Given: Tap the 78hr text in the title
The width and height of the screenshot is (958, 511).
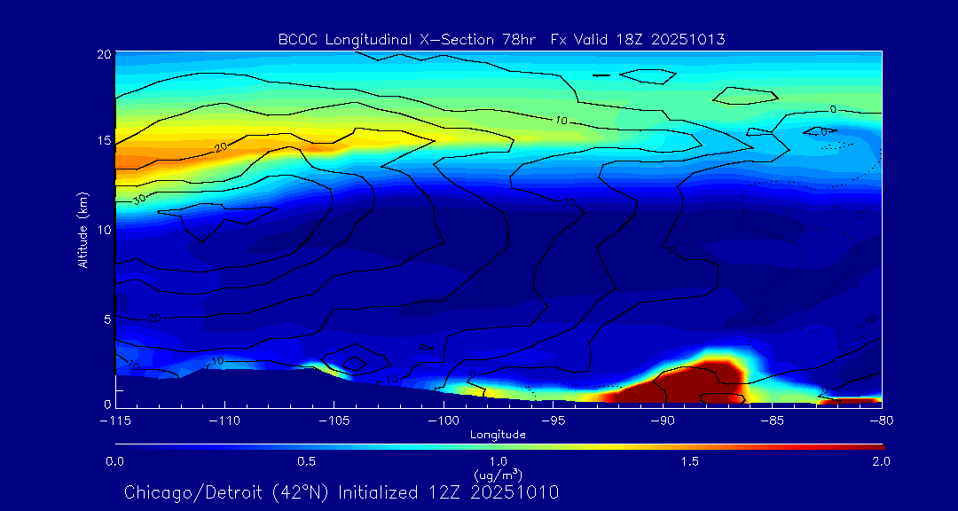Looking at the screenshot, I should point(522,39).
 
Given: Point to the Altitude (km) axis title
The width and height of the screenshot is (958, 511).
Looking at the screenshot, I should point(82,229).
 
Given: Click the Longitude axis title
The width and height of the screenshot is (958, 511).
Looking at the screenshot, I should point(498,434).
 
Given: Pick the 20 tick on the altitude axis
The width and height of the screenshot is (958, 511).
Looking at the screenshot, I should point(103,54).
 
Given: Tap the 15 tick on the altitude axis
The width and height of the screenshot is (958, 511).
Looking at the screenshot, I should point(103,141).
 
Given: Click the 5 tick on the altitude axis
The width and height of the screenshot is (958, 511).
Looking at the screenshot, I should point(106,318).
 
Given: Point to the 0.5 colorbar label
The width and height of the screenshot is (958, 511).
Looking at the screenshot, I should point(306,461).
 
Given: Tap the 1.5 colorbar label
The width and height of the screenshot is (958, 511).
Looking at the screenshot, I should point(689,461).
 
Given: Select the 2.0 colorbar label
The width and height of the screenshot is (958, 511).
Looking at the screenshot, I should point(880,461).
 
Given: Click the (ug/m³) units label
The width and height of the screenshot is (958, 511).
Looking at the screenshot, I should point(498,475).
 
